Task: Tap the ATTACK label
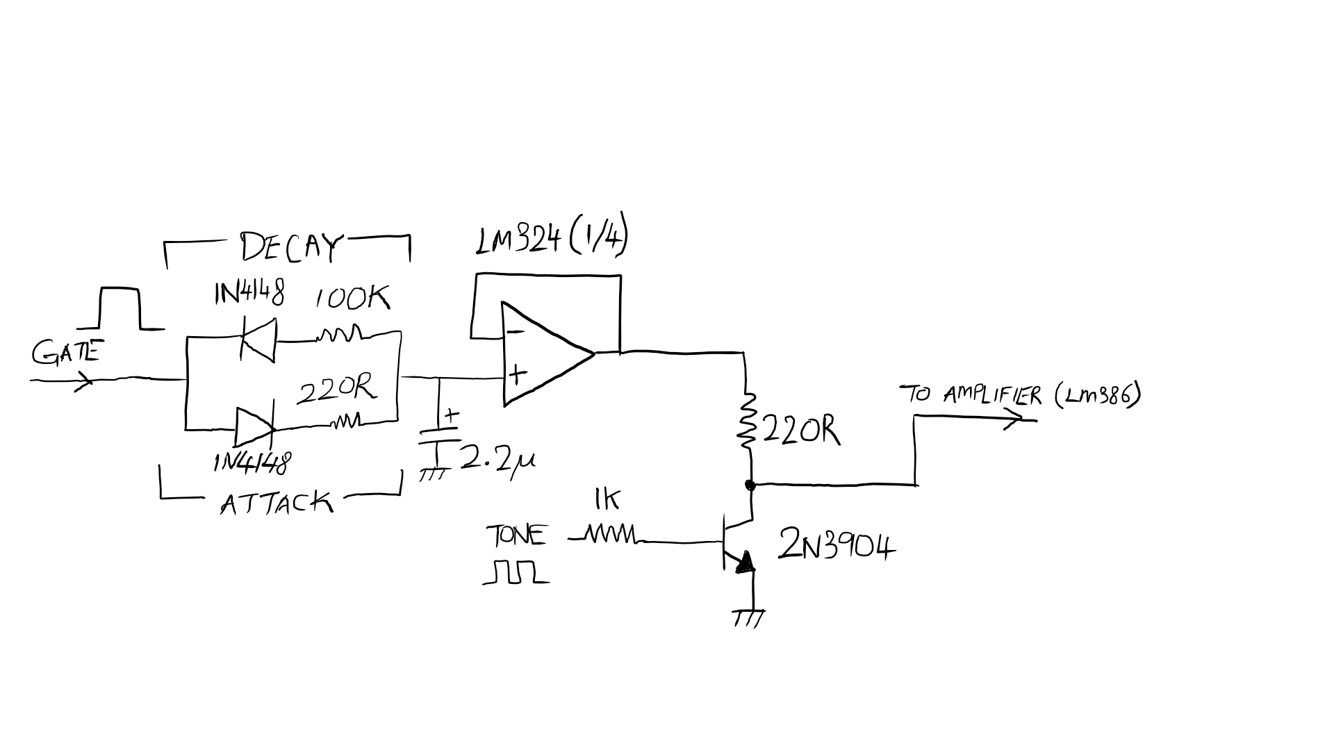pos(277,502)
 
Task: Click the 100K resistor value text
pos(352,299)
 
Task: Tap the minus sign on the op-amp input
pos(515,332)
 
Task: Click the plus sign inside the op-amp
pos(517,375)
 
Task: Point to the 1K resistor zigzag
pos(610,535)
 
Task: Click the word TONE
pos(516,536)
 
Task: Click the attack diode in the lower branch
pos(255,426)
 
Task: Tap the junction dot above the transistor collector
pos(750,485)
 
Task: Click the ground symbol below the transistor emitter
pos(749,617)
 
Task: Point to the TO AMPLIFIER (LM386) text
pos(1020,396)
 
